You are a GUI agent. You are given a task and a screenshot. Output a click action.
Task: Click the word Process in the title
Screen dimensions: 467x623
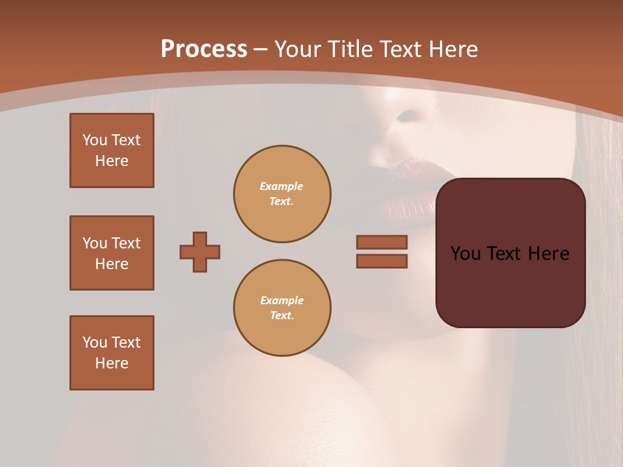coord(204,49)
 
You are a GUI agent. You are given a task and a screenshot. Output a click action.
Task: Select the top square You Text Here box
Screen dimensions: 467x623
coord(112,150)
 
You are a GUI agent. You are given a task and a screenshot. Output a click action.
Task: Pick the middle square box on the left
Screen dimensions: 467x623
coord(112,253)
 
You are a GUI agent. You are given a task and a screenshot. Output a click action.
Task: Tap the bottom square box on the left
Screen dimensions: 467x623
coord(112,353)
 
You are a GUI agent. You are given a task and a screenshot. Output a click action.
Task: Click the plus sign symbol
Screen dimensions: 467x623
coord(200,252)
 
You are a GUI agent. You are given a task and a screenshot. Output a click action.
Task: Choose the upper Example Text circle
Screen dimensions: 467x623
coord(282,194)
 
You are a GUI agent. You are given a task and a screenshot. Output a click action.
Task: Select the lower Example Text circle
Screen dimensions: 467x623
coord(282,308)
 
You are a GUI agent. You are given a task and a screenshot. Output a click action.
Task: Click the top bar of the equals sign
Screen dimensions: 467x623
coord(382,242)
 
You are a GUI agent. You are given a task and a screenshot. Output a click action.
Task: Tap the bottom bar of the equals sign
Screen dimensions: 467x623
coord(382,261)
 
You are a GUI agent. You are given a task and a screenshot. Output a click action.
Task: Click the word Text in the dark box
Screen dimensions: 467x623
coord(505,254)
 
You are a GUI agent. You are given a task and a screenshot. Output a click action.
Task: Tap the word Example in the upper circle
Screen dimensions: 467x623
coord(282,186)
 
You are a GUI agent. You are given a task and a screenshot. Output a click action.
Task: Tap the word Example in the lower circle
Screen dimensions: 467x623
coord(282,300)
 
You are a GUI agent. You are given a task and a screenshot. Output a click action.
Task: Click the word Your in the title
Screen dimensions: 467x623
coord(297,49)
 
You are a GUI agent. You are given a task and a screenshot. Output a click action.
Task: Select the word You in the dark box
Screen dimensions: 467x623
coord(466,254)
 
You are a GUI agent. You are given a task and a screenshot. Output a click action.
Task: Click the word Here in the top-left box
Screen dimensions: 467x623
coord(112,161)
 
